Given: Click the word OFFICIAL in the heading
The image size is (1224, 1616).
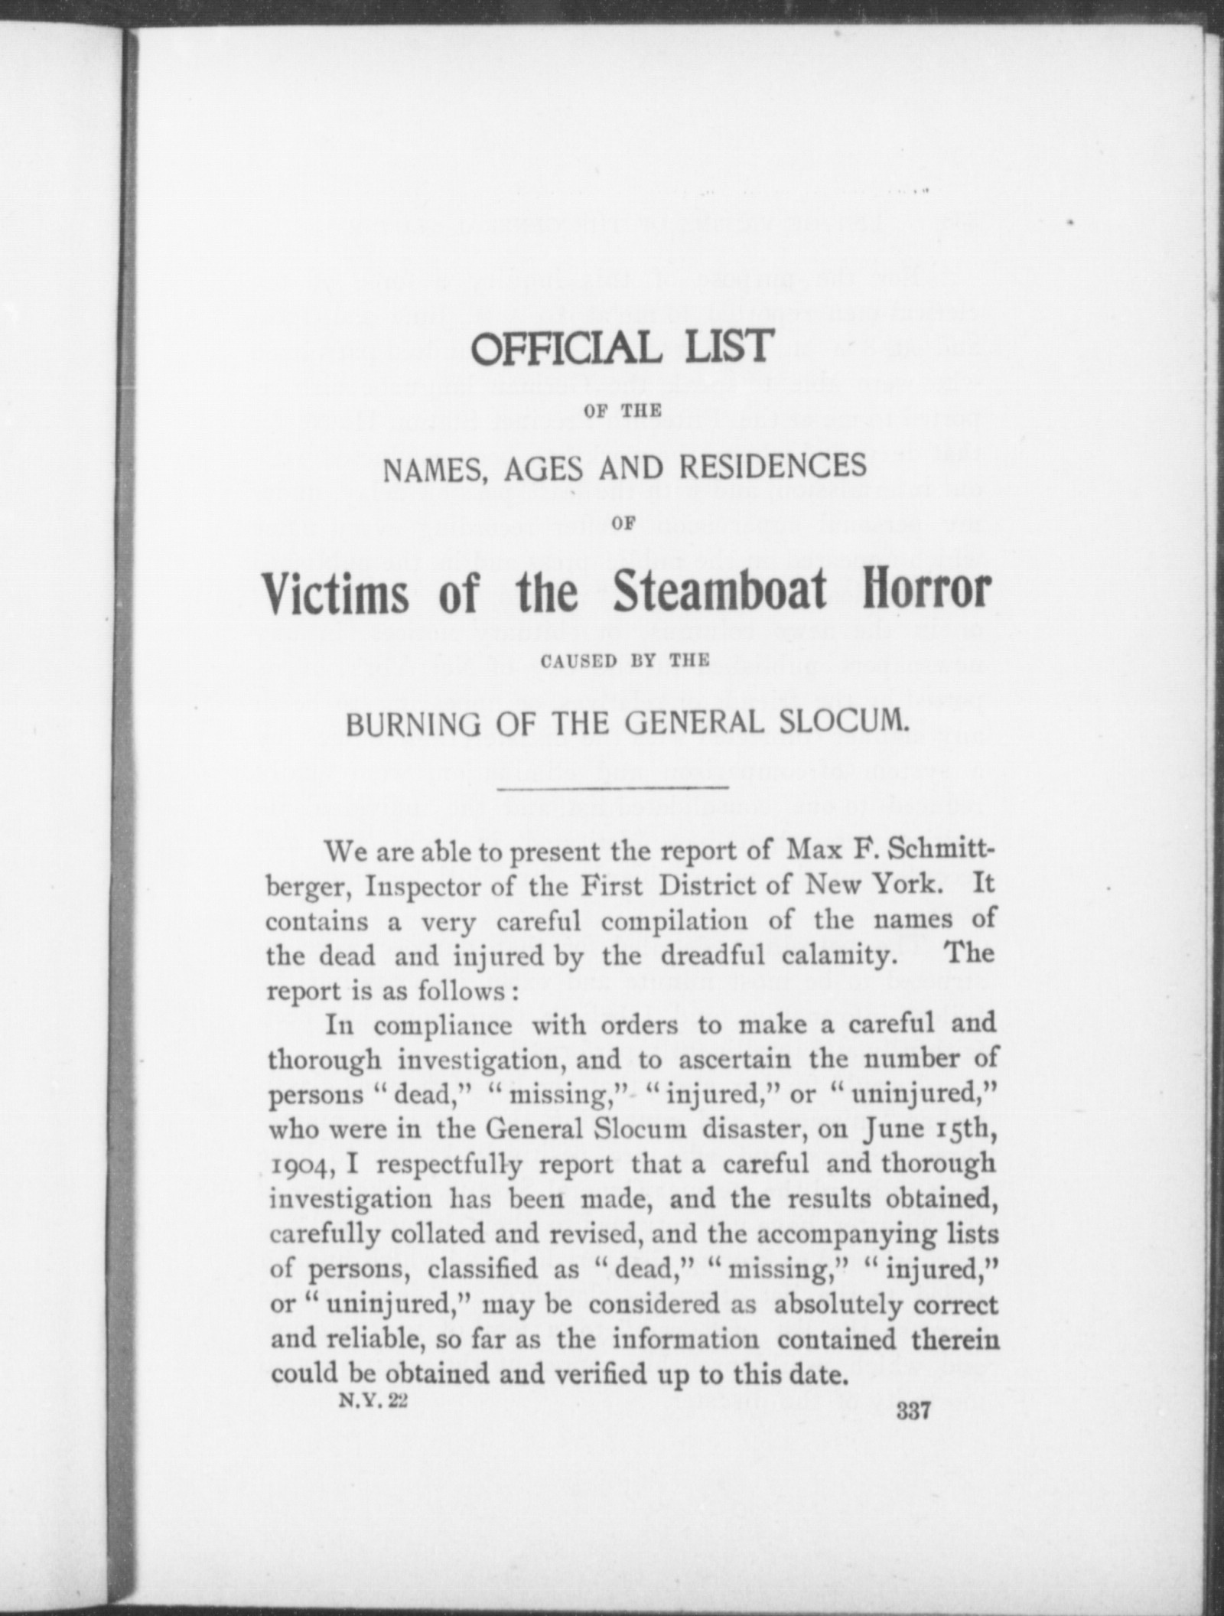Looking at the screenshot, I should [x=566, y=348].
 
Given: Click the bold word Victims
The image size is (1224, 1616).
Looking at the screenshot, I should [x=336, y=592].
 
